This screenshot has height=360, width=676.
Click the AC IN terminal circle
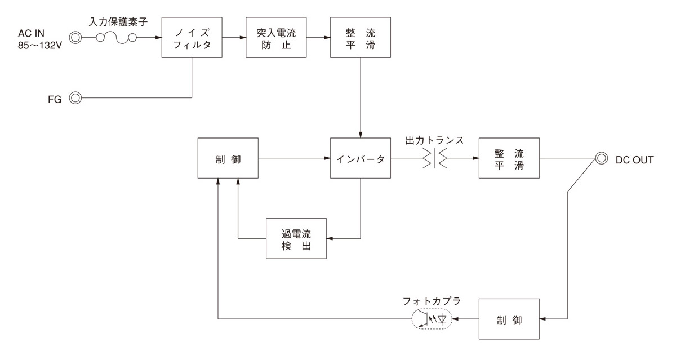(x=75, y=38)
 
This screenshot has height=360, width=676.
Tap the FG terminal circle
(x=75, y=99)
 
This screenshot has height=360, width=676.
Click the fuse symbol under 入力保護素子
(x=116, y=38)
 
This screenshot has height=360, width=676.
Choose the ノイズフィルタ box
(x=192, y=38)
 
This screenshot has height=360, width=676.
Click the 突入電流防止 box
(x=277, y=38)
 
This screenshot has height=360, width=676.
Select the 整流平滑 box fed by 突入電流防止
(x=361, y=38)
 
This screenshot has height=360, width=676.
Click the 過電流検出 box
(x=296, y=238)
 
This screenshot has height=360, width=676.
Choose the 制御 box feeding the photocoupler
(x=509, y=319)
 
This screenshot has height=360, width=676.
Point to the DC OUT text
(x=635, y=159)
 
